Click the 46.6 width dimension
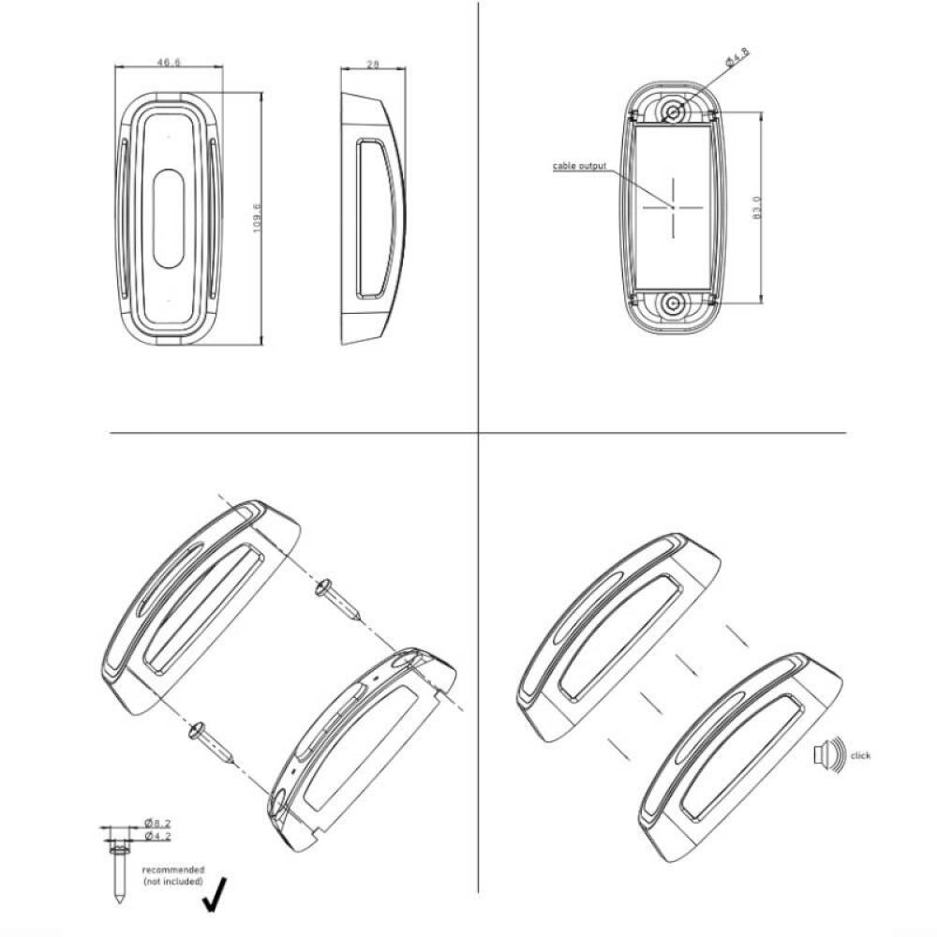[x=169, y=62]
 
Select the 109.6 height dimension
[x=257, y=218]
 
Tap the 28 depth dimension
[x=373, y=65]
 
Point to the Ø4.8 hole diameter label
[x=737, y=57]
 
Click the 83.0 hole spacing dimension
[x=757, y=207]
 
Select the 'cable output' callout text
[x=579, y=166]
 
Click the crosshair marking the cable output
[x=673, y=207]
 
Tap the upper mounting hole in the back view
[x=675, y=112]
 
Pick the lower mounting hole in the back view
[x=674, y=304]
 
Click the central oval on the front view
[x=169, y=217]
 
